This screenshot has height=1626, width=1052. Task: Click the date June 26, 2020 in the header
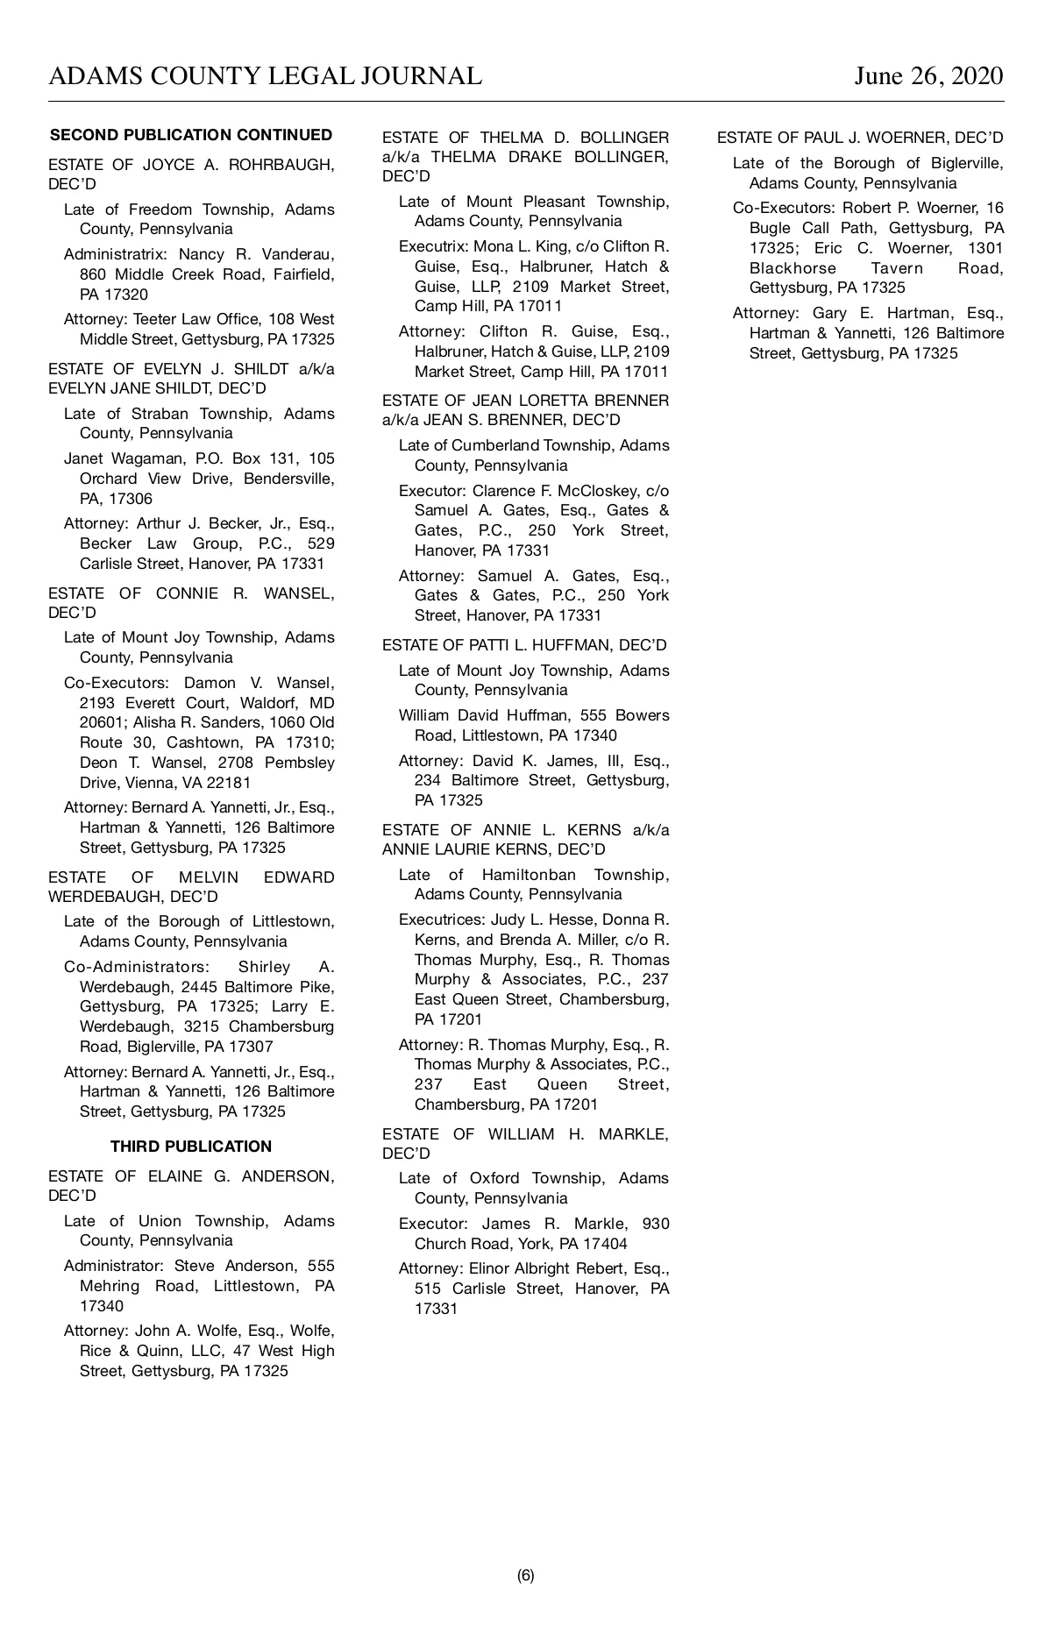(x=928, y=76)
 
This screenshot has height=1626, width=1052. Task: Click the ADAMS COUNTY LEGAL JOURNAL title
(x=265, y=76)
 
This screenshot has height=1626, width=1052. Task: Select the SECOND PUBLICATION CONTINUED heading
(x=191, y=135)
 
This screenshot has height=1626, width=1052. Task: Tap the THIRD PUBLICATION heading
(x=191, y=1147)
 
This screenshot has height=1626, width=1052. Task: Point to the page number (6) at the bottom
(x=526, y=1575)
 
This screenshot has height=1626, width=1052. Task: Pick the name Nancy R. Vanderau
(x=257, y=254)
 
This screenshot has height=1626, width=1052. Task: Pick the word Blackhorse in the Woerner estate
(x=793, y=268)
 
